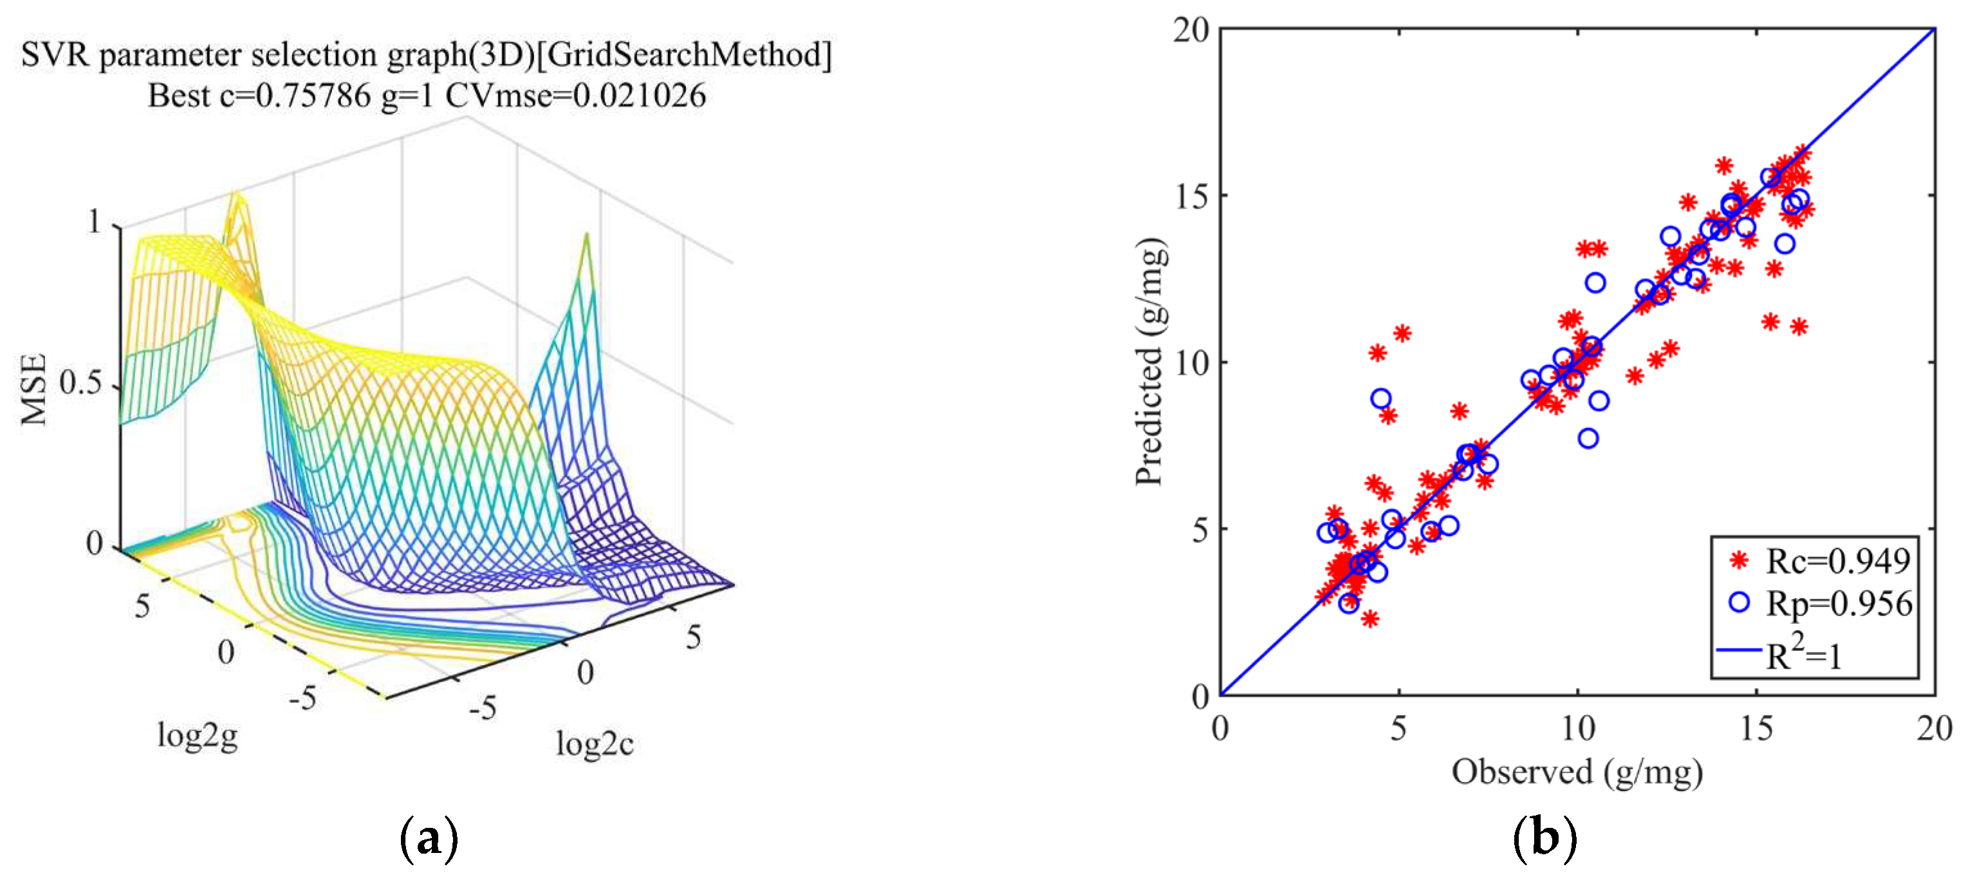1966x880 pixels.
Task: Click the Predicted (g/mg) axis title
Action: [x=1150, y=362]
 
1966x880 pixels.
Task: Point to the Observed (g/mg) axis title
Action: [x=1577, y=772]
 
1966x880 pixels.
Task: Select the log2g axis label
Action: [x=197, y=736]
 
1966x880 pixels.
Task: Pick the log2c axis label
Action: [x=595, y=744]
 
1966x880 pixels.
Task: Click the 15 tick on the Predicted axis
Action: [x=1191, y=196]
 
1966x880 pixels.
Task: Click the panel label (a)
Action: [x=429, y=838]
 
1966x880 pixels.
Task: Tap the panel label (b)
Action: [x=1544, y=838]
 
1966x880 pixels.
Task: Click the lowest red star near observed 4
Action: [x=1370, y=618]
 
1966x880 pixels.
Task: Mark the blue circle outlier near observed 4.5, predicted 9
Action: [x=1380, y=398]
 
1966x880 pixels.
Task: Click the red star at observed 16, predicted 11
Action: [x=1799, y=326]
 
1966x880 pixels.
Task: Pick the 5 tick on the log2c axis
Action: [x=693, y=637]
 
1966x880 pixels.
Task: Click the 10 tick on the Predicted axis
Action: [x=1191, y=362]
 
